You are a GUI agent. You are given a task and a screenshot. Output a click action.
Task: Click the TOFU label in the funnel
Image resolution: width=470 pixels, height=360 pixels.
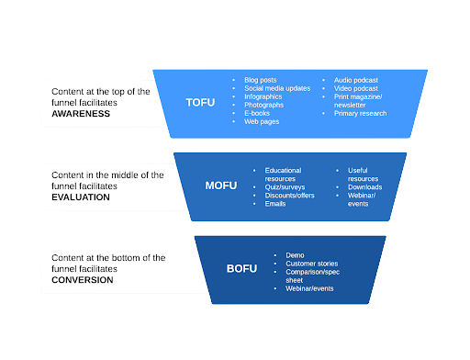(199, 102)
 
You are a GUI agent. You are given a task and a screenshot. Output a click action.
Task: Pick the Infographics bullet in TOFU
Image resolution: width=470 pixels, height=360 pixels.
(264, 96)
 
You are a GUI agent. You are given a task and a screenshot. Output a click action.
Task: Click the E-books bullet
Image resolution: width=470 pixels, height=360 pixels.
(259, 113)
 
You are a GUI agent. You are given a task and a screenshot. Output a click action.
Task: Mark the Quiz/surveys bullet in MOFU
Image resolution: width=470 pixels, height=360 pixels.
(287, 186)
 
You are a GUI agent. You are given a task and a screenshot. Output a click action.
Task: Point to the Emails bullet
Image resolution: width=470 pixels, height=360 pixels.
(275, 203)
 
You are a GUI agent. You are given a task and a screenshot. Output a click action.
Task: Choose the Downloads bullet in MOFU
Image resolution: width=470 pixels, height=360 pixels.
(365, 186)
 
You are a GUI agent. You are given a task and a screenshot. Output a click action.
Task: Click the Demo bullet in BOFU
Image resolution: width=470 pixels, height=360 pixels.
(295, 255)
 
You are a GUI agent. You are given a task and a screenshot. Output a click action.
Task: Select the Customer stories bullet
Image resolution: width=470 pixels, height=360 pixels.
(312, 264)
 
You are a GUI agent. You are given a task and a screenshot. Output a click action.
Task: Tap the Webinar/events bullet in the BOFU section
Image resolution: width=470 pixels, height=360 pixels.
(309, 288)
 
